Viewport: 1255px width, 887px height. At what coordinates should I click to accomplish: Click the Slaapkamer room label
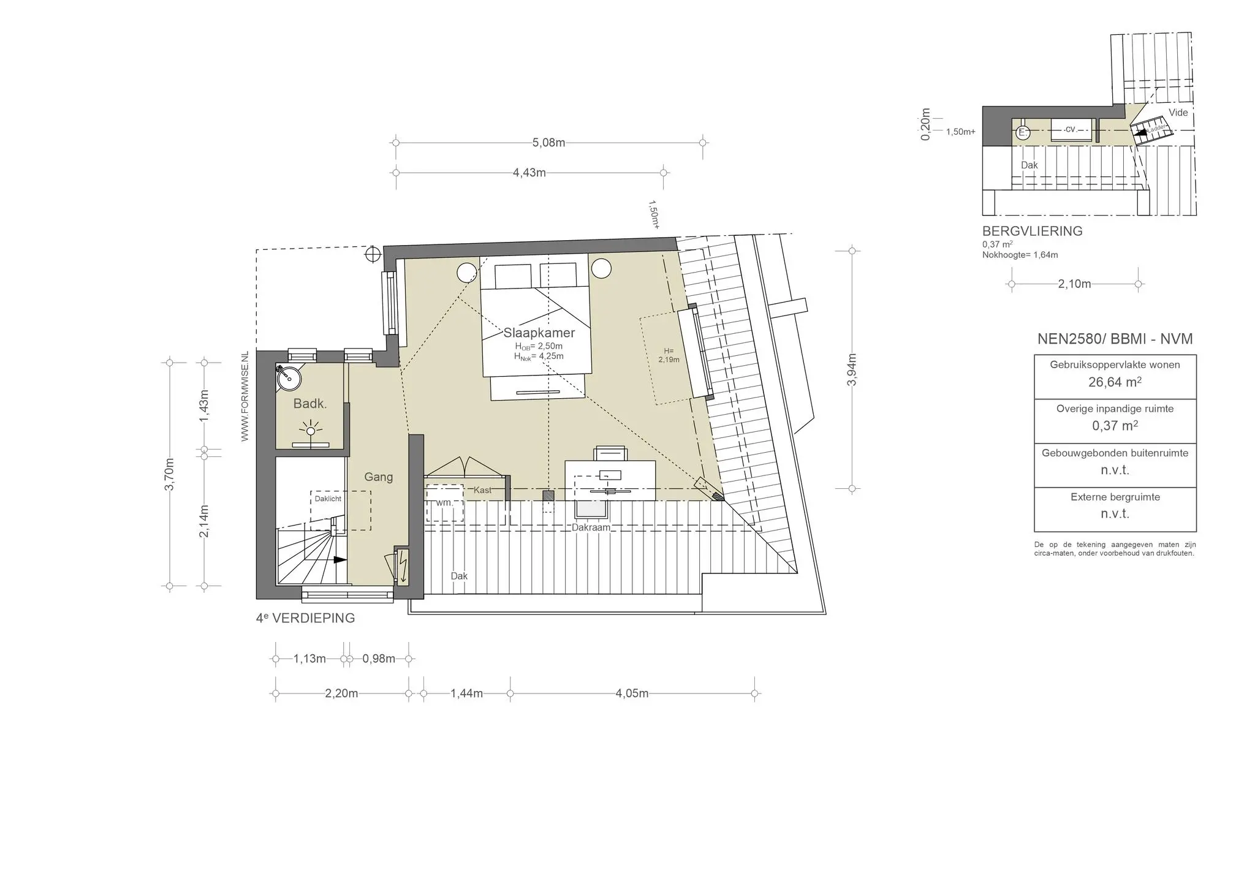(539, 333)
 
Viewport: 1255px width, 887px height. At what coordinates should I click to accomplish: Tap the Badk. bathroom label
(310, 404)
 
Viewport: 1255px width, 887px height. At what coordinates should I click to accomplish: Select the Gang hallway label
(378, 477)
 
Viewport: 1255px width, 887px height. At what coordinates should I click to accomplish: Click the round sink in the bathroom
(289, 378)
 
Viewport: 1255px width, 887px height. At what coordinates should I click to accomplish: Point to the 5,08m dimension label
(548, 143)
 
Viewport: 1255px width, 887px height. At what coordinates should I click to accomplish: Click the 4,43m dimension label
(529, 173)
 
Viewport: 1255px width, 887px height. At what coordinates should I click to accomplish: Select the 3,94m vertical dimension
(852, 370)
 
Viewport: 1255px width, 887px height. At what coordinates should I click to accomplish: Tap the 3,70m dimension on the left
(170, 474)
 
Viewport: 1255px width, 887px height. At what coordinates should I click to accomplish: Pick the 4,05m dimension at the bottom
(632, 693)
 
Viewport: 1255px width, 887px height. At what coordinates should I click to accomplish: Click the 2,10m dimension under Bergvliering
(1075, 284)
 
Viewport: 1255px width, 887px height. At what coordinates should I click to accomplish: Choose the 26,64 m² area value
(1115, 382)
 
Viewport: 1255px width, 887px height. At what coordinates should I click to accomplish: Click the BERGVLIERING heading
(1033, 232)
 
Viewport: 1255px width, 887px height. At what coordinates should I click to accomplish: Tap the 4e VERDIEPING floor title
(306, 618)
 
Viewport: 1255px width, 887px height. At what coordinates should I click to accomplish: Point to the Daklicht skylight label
(328, 499)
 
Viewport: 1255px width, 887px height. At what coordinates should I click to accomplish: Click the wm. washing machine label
(444, 503)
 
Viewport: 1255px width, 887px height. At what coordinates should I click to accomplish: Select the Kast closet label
(482, 490)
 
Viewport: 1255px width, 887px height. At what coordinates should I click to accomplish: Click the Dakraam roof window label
(591, 527)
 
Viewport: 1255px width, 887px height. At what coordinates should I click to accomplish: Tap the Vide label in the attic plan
(1178, 113)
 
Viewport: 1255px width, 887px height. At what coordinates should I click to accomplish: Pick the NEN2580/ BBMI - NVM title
(1115, 339)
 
